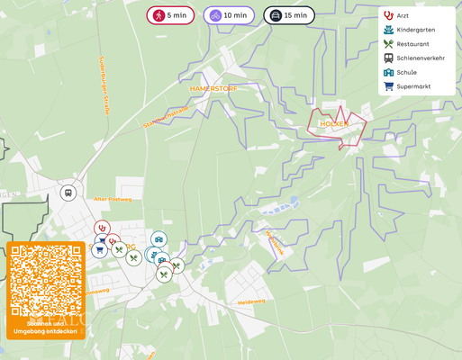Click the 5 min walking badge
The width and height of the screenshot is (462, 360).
[170, 15]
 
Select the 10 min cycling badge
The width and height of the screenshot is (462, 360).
[228, 15]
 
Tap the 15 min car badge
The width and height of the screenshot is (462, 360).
[288, 15]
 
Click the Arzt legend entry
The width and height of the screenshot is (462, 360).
[403, 15]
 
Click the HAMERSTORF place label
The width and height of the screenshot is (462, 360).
[213, 89]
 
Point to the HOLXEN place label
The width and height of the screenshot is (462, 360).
[333, 123]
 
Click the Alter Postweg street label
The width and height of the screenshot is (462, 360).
[113, 199]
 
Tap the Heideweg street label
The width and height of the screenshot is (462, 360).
[251, 302]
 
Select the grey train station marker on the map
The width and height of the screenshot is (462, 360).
[68, 193]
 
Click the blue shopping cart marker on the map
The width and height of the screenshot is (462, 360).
[99, 249]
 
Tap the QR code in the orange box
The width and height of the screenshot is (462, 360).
[46, 280]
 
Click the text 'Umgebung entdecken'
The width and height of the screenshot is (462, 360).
[45, 330]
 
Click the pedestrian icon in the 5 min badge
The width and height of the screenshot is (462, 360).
[158, 15]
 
